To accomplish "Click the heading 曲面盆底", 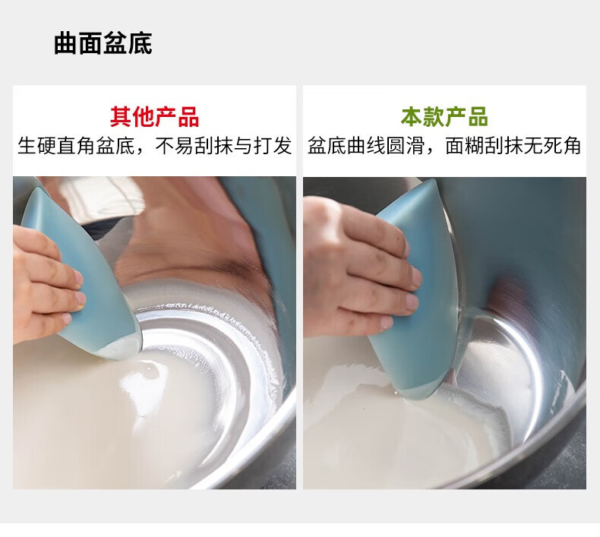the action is [x=103, y=43].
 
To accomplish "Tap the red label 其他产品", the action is [x=155, y=117].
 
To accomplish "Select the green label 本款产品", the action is [x=444, y=117].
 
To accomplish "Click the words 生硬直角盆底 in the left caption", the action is [x=76, y=146].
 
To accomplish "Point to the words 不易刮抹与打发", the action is [x=223, y=146].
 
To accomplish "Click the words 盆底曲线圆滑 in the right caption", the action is [x=366, y=146].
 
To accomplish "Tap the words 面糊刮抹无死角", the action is [x=513, y=146].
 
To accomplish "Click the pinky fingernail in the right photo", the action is [x=387, y=323].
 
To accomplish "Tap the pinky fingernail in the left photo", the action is [x=67, y=317].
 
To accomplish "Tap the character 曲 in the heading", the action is [x=66, y=43].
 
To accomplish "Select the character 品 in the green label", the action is [x=478, y=117].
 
